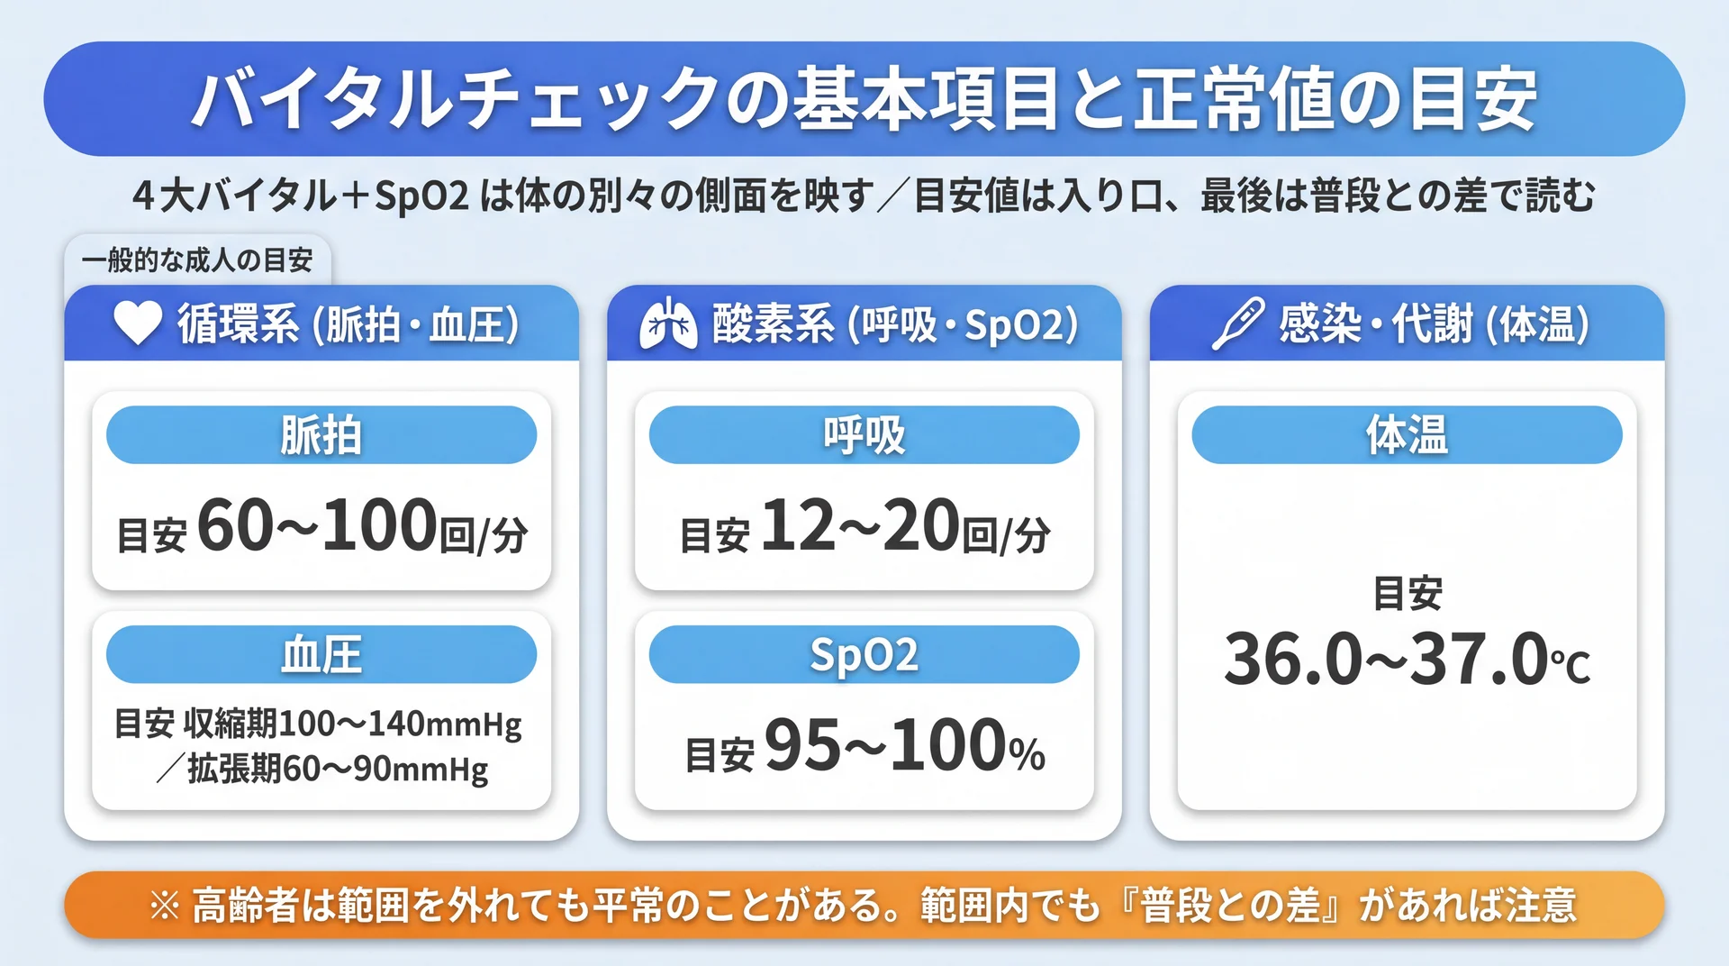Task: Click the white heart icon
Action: pyautogui.click(x=138, y=323)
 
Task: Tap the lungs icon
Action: pyautogui.click(x=668, y=324)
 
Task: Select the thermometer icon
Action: pyautogui.click(x=1238, y=324)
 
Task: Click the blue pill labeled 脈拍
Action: pyautogui.click(x=321, y=435)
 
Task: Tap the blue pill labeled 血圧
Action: pyautogui.click(x=321, y=654)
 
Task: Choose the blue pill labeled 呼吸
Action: pyautogui.click(x=864, y=435)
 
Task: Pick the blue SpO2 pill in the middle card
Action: pyautogui.click(x=864, y=654)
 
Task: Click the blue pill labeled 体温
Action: pyautogui.click(x=1407, y=435)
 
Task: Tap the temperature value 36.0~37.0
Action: pyautogui.click(x=1386, y=659)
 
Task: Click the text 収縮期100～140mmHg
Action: pyautogui.click(x=353, y=724)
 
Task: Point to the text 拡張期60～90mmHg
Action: pyautogui.click(x=338, y=769)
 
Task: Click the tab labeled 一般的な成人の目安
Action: pyautogui.click(x=197, y=260)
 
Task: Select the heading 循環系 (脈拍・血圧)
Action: pyautogui.click(x=348, y=324)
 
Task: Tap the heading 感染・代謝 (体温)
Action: pyautogui.click(x=1434, y=324)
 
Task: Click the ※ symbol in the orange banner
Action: pyautogui.click(x=165, y=906)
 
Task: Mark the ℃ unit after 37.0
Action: pyautogui.click(x=1571, y=665)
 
